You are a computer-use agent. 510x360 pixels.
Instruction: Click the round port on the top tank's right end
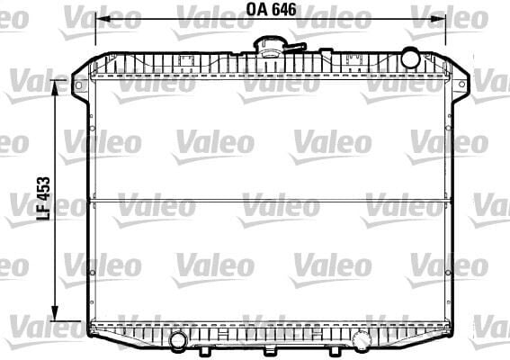[410, 58]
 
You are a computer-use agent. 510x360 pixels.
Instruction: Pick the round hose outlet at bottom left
[179, 340]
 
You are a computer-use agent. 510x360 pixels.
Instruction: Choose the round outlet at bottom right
[361, 340]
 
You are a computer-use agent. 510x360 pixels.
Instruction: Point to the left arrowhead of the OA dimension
[100, 17]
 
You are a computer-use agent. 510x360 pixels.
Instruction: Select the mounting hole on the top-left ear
[78, 86]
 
